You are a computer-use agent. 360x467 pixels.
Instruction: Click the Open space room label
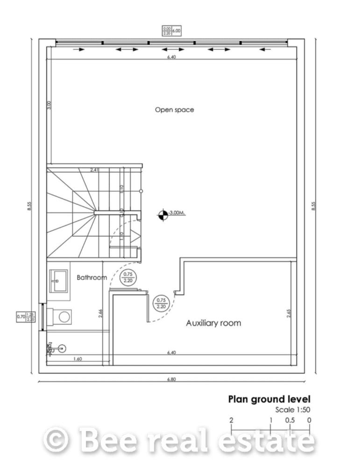point(174,110)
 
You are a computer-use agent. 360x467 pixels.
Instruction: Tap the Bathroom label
point(92,277)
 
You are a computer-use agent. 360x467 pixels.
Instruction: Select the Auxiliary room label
point(213,323)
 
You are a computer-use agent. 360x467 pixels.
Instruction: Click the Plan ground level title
point(269,399)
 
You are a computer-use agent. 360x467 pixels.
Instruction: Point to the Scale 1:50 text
point(293,410)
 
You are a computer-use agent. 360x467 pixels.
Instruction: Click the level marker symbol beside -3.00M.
point(162,214)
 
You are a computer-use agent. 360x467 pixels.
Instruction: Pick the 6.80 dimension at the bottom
point(171,379)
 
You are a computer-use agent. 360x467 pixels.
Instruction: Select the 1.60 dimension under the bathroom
point(78,359)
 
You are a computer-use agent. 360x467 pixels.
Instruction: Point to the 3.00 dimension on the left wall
point(49,106)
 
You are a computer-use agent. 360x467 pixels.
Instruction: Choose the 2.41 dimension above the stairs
point(95,170)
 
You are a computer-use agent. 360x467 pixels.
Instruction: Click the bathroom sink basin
point(58,281)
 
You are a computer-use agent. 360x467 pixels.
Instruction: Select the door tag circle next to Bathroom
point(127,277)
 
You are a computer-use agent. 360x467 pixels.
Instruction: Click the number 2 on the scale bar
point(231,420)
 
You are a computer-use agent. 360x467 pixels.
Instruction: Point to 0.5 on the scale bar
point(290,420)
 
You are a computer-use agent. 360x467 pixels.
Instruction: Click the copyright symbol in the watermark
point(56,440)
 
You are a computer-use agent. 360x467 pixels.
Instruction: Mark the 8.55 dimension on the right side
point(313,206)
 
